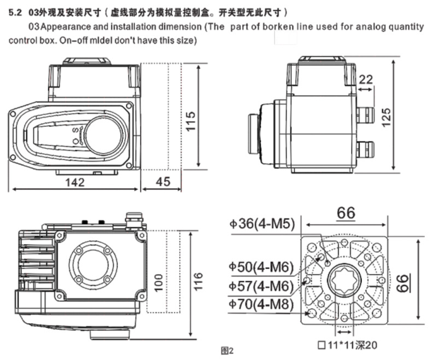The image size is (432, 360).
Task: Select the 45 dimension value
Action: click(x=163, y=183)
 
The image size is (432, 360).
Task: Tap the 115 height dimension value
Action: click(x=191, y=124)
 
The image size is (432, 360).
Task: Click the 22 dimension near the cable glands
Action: click(x=366, y=79)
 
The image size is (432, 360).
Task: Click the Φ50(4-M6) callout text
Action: click(x=261, y=268)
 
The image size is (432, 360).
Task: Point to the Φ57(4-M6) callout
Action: click(x=261, y=286)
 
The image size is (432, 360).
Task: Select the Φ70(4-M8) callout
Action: click(x=261, y=305)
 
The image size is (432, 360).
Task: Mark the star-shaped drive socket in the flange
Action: click(x=344, y=282)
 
